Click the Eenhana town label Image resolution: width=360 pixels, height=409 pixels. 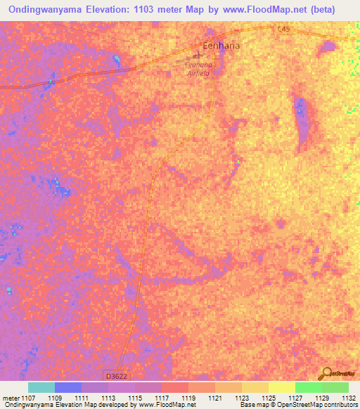click(221, 46)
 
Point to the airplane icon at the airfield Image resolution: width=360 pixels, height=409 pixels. click(197, 56)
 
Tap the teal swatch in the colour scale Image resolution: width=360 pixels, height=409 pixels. click(41, 387)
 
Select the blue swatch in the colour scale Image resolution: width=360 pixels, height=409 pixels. click(68, 387)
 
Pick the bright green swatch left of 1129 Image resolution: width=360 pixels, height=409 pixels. click(308, 387)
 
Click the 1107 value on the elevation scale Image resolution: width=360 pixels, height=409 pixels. click(28, 398)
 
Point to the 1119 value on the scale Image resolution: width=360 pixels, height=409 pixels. click(188, 398)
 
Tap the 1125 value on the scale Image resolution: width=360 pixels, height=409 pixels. click(268, 398)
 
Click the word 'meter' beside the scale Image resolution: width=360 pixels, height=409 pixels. click(9, 398)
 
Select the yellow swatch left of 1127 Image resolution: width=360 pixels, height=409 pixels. click(282, 387)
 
